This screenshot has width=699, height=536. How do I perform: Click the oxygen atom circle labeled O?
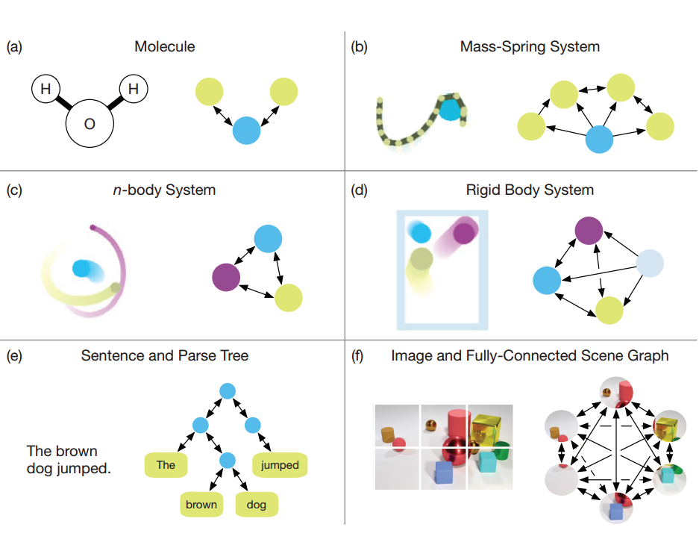90,123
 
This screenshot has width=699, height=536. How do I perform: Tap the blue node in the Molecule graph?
246,131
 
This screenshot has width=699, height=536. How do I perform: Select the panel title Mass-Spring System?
530,47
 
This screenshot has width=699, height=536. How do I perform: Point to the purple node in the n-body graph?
226,278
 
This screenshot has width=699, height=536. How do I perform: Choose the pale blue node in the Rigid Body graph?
649,264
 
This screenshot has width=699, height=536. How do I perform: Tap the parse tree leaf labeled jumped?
280,465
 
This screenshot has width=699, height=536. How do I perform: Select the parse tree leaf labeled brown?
201,505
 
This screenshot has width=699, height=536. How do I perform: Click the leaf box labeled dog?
257,505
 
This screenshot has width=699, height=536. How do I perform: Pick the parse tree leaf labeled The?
166,465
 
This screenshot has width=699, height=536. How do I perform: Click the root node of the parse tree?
228,390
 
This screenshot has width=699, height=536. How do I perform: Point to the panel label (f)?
357,356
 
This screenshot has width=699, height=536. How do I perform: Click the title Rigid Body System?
530,190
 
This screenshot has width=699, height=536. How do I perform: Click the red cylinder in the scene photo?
455,425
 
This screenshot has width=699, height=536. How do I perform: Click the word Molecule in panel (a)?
165,47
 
